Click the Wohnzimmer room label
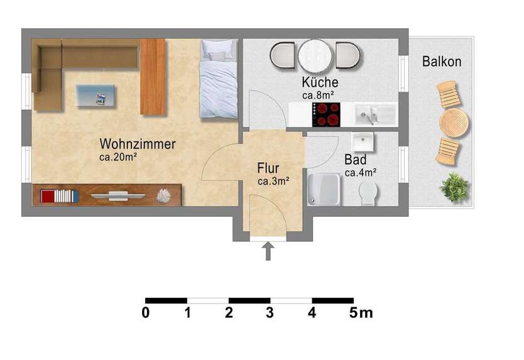(x=137, y=144)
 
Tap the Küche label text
(x=320, y=82)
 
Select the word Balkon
(x=442, y=62)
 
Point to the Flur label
(x=268, y=168)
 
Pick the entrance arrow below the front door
(x=268, y=251)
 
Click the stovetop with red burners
(x=326, y=115)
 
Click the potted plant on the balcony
(x=455, y=187)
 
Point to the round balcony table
(x=454, y=123)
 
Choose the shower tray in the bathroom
(x=324, y=189)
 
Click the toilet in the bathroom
(x=369, y=193)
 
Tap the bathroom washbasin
(x=363, y=141)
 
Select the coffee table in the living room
(x=96, y=96)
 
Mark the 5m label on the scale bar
(x=361, y=312)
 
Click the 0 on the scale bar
(x=146, y=312)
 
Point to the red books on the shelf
(x=47, y=196)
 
